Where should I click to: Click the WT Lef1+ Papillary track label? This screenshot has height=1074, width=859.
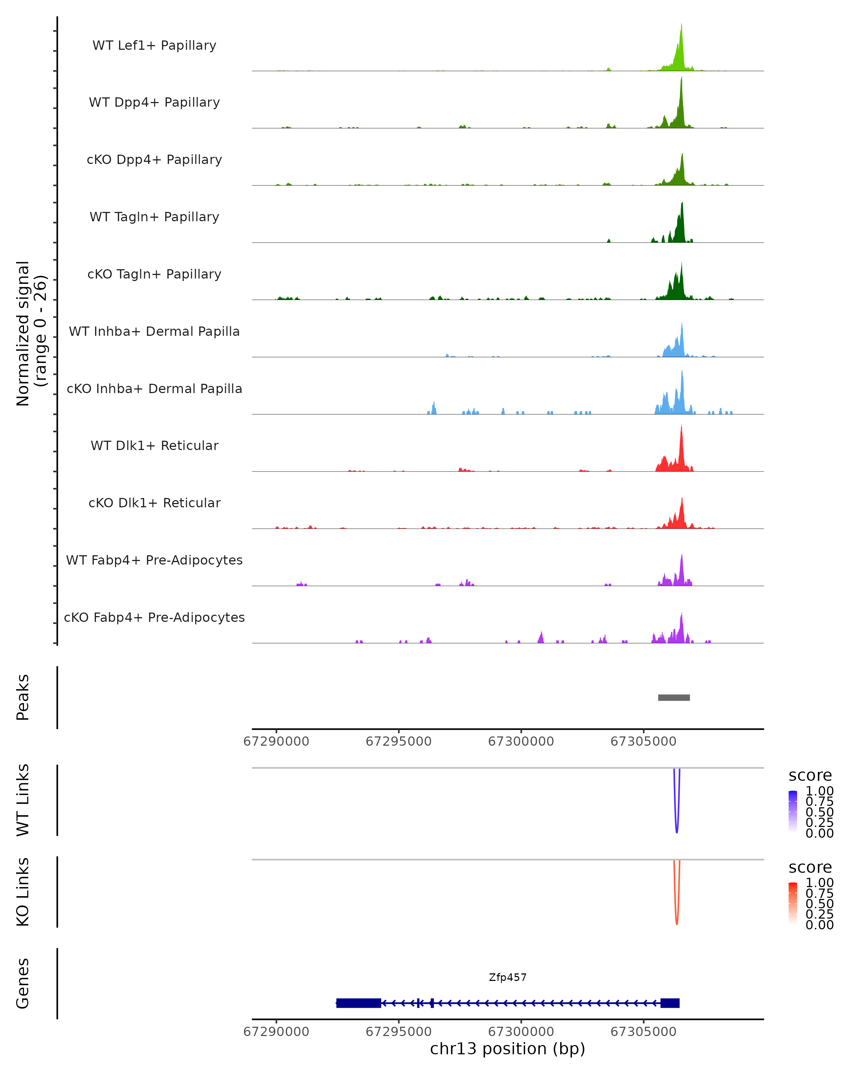[x=154, y=45]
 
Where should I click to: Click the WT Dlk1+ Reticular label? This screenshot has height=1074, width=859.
[x=154, y=445]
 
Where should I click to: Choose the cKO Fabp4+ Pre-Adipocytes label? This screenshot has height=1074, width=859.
[x=154, y=617]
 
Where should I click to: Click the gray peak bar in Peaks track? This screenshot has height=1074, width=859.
[x=674, y=697]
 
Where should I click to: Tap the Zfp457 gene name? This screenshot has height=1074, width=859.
[x=508, y=977]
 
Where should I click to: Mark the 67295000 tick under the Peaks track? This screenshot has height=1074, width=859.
[x=398, y=741]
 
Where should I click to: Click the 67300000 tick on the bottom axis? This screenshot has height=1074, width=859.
[x=521, y=1031]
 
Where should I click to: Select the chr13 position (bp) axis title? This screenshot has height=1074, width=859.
[x=508, y=1049]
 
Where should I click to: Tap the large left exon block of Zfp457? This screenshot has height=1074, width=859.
[x=359, y=1003]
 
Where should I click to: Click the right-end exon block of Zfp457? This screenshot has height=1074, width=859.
[x=670, y=1003]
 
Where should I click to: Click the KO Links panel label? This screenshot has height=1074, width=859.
[x=23, y=892]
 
